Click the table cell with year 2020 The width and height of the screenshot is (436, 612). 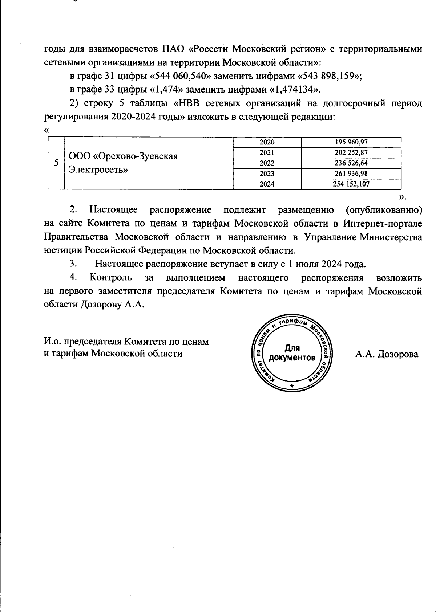pyautogui.click(x=267, y=142)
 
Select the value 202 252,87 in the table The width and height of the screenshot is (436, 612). pyautogui.click(x=351, y=153)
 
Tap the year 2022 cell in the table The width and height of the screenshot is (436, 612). pyautogui.click(x=267, y=163)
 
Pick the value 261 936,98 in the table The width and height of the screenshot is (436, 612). pyautogui.click(x=351, y=174)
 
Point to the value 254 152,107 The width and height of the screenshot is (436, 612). pyautogui.click(x=351, y=184)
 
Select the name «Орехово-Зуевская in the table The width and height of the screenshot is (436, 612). pyautogui.click(x=123, y=156)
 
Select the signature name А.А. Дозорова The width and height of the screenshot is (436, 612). pyautogui.click(x=387, y=355)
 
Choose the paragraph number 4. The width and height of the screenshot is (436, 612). pyautogui.click(x=73, y=278)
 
